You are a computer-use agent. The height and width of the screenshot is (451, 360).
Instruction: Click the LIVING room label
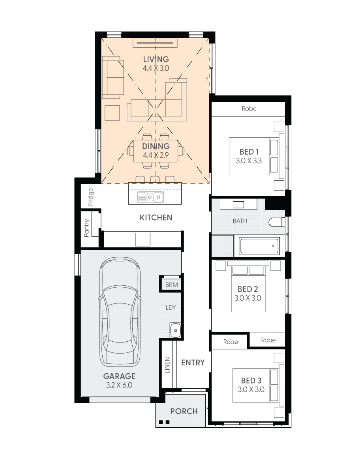[x=156, y=59]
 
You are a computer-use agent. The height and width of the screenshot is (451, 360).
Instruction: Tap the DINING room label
[x=156, y=146]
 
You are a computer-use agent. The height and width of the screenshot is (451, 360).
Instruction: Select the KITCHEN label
[x=156, y=217]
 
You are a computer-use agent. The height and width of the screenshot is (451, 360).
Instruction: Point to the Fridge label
[x=91, y=197]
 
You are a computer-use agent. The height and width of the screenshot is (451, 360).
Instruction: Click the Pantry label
[x=86, y=228]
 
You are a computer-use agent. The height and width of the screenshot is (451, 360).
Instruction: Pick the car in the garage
[x=120, y=313]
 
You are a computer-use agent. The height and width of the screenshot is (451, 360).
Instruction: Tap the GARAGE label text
[x=119, y=376]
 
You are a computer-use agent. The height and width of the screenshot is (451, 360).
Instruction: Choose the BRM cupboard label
[x=171, y=285]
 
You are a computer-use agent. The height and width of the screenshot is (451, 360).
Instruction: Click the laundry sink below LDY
[x=175, y=330]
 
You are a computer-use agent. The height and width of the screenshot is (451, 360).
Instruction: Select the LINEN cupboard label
[x=167, y=365]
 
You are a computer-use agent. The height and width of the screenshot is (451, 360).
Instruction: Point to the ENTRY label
[x=193, y=363]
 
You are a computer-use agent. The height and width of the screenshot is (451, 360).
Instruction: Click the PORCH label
[x=184, y=411]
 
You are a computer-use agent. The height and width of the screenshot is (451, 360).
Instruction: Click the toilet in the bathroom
[x=277, y=222]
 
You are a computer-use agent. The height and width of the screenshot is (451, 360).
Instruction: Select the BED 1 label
[x=249, y=152]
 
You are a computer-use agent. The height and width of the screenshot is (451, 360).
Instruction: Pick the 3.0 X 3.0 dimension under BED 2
[x=248, y=298]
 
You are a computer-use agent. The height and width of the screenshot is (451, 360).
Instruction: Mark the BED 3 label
[x=251, y=380]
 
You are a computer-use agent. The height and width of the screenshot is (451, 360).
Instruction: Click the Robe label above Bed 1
[x=249, y=109]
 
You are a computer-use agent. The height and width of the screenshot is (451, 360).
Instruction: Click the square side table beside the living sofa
[x=112, y=113]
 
